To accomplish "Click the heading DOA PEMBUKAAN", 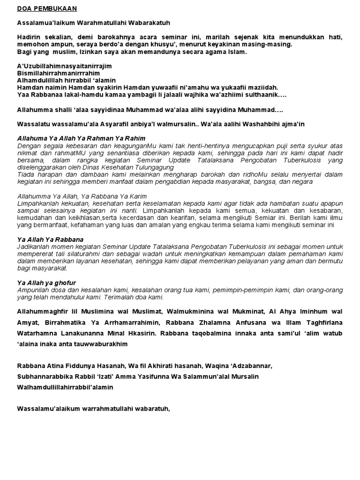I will (47, 8).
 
